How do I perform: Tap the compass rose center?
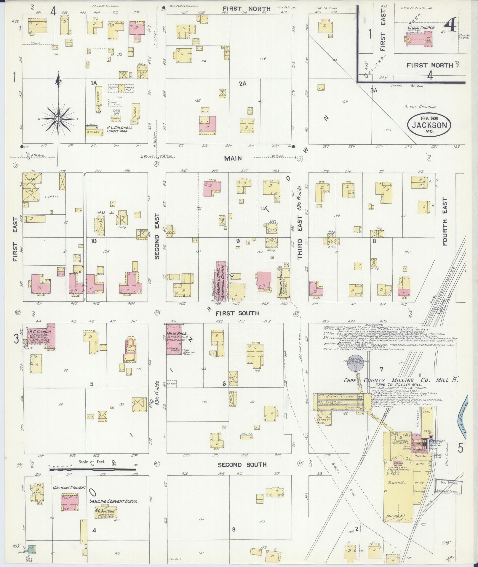tap(58, 119)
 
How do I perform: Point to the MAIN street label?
tap(233, 158)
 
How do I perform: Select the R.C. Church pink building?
tap(41, 336)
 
